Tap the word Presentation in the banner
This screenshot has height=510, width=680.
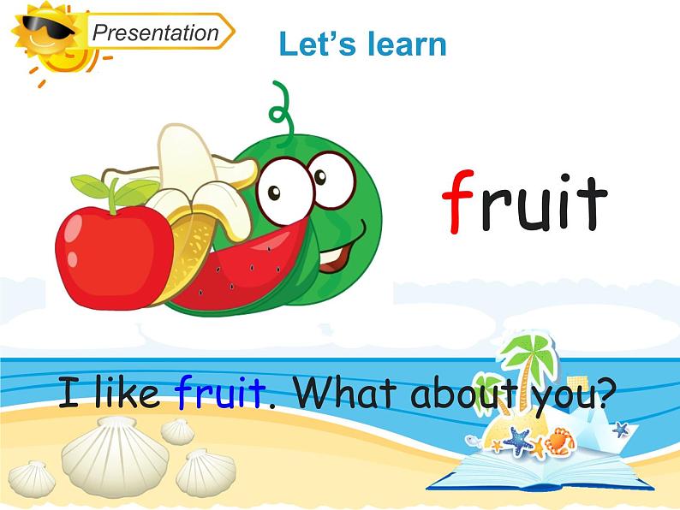coord(155,33)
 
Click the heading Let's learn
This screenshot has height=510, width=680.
coord(362,44)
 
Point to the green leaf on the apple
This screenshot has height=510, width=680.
coord(90,186)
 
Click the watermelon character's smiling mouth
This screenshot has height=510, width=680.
coord(343,248)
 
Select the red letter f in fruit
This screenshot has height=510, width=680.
coord(461,201)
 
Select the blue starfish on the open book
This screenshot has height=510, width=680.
coord(516,440)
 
